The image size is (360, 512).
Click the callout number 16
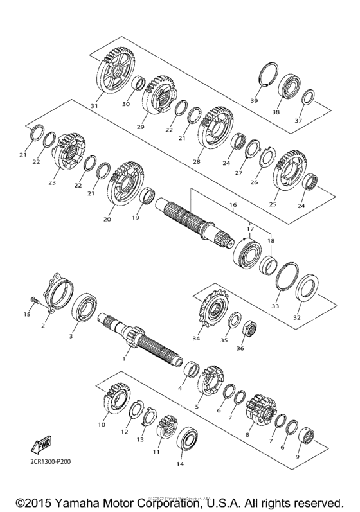pyautogui.click(x=233, y=205)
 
